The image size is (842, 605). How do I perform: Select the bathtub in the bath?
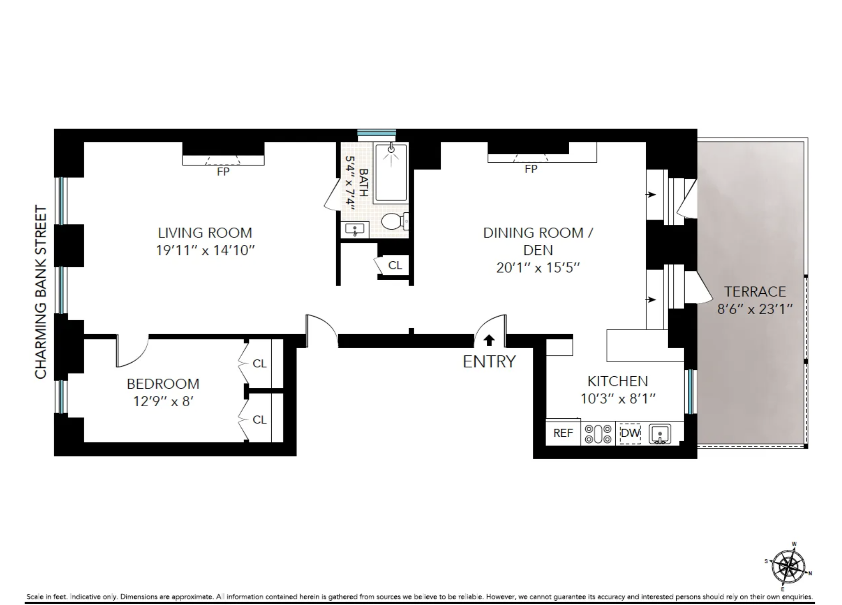[390, 172]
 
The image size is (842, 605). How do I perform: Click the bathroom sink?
[355, 229]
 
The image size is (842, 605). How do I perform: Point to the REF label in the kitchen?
[563, 433]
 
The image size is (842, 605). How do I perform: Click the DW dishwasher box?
[630, 433]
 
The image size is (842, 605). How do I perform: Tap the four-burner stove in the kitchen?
[598, 433]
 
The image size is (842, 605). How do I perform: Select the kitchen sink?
[660, 434]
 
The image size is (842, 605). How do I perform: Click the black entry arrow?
[489, 340]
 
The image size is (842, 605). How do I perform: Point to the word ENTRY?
[489, 362]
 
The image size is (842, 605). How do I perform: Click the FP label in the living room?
[223, 172]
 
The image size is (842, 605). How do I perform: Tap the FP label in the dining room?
[531, 169]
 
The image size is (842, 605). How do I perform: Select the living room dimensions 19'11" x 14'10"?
[205, 250]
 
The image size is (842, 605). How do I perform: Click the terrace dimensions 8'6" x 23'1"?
[755, 309]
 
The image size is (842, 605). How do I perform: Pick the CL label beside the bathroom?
[395, 265]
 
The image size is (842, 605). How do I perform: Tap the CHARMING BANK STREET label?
[41, 292]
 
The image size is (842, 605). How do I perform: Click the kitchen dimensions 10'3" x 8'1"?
[618, 398]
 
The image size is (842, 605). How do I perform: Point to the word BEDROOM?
[163, 384]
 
